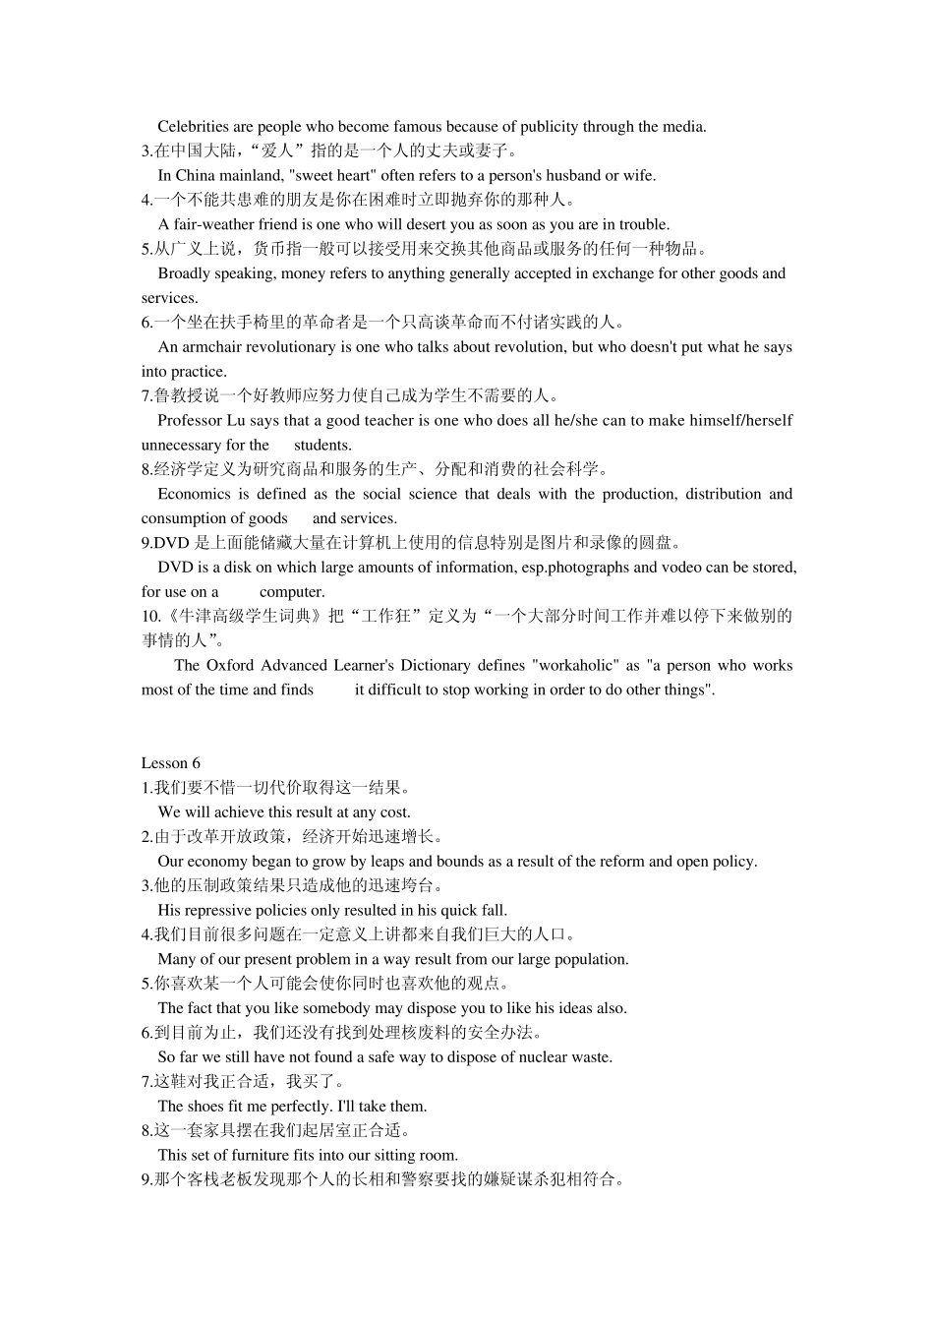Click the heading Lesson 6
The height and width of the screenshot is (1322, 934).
point(170,763)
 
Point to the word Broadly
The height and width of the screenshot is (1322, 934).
point(185,273)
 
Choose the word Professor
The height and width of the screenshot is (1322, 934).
point(190,421)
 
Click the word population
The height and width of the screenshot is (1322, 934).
point(584,959)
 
